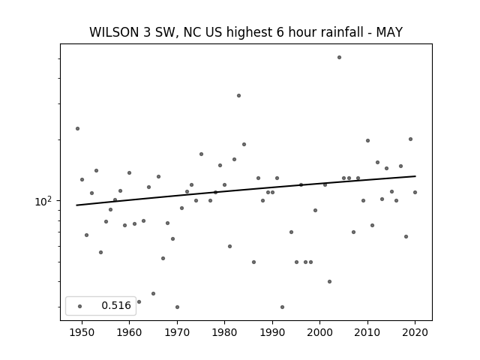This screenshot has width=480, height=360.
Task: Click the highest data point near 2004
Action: click(339, 57)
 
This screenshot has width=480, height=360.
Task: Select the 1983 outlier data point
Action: click(238, 95)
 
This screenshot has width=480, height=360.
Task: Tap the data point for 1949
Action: click(77, 128)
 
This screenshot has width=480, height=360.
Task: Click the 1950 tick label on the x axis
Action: click(82, 332)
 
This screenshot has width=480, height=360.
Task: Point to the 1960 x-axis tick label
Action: click(129, 332)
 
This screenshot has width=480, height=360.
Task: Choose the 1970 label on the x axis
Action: click(177, 332)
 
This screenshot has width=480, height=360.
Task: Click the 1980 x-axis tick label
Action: click(224, 332)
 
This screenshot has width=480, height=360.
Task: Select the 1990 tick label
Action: click(272, 332)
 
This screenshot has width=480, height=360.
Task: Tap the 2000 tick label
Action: click(320, 332)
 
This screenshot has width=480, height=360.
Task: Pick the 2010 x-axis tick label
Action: click(367, 332)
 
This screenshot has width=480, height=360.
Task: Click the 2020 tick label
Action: click(415, 332)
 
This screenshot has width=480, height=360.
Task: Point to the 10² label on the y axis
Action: click(43, 201)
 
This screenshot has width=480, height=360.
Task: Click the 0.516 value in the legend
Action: click(116, 305)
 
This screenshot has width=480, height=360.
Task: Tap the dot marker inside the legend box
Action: click(79, 306)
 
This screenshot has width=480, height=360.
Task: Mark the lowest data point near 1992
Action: click(282, 307)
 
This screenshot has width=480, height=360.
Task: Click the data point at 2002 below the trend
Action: click(329, 282)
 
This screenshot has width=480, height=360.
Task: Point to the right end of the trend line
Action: click(415, 176)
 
